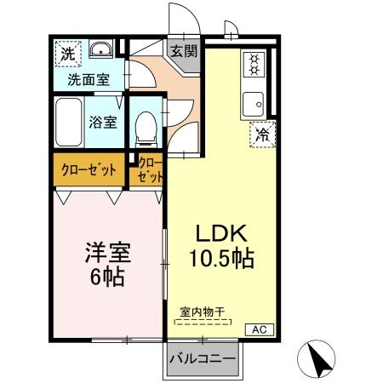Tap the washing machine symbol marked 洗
67,52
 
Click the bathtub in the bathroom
66,123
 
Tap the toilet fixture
146,129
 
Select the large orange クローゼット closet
89,169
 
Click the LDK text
222,233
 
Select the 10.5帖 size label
222,259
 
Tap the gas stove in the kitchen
254,64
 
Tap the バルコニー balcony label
203,358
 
